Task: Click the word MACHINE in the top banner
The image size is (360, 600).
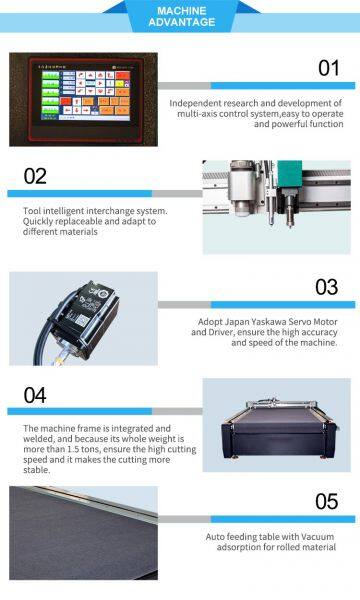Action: click(182, 11)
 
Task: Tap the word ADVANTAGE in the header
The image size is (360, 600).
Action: click(182, 22)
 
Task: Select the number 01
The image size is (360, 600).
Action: click(329, 68)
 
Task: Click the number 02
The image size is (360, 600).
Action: click(35, 176)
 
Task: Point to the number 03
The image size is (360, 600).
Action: click(327, 287)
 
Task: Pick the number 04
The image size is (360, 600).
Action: click(35, 395)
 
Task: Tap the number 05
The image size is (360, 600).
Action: click(327, 502)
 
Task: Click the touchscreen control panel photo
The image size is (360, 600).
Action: click(83, 99)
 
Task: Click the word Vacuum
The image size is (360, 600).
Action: click(317, 537)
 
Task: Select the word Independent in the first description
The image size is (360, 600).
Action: click(195, 103)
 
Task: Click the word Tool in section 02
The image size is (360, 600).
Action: click(32, 211)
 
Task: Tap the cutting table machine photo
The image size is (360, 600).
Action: click(276, 425)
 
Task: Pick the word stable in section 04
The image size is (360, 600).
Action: click(36, 470)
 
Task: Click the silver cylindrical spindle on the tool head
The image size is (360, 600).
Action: click(241, 189)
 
